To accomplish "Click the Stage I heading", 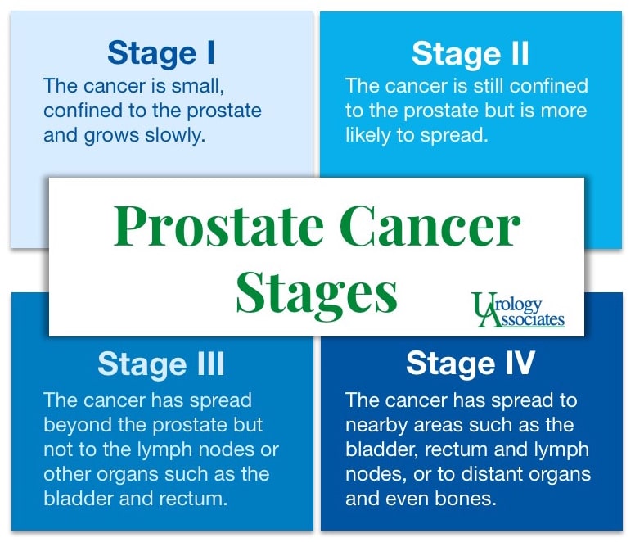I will coord(161,53).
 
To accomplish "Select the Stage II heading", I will coord(470,53).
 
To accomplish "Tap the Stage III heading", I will coord(160,364).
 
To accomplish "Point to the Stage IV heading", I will coord(470,364).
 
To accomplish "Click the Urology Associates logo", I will coord(518,310).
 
